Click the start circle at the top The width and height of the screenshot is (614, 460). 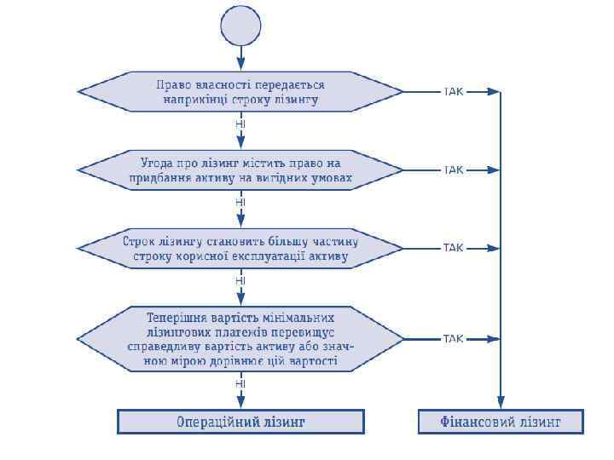point(240,26)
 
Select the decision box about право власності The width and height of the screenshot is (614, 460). point(240,92)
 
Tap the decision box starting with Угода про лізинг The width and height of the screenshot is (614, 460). point(240,170)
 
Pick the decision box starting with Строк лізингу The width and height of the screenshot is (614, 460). point(240,248)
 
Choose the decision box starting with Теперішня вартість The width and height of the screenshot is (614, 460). point(240,338)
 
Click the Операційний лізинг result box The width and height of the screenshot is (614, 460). point(240,422)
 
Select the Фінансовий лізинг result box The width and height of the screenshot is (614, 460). point(501,422)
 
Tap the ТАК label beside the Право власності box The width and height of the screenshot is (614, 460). point(453,91)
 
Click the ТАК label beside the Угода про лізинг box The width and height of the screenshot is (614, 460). point(453,170)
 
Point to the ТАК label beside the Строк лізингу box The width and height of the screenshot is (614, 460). point(453,248)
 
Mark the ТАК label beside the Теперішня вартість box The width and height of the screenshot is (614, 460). point(453,339)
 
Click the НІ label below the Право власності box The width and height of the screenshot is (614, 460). point(240,124)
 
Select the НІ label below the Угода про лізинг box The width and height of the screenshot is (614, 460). point(240,203)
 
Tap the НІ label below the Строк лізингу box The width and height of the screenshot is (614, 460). point(240,280)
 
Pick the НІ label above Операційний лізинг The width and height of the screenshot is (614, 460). point(240,384)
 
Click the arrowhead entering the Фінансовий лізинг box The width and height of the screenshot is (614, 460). point(501,405)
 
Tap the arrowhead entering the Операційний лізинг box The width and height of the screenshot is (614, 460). point(240,404)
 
